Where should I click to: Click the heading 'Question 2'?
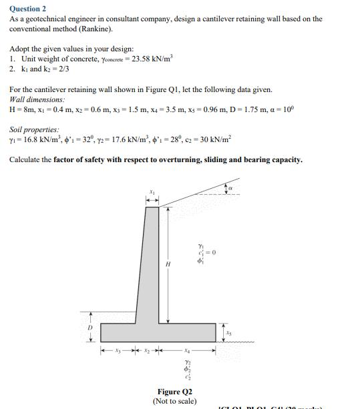(x=28, y=9)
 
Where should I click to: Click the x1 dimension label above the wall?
(x=152, y=192)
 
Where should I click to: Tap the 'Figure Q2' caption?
(x=174, y=392)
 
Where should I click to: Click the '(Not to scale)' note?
(x=174, y=401)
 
